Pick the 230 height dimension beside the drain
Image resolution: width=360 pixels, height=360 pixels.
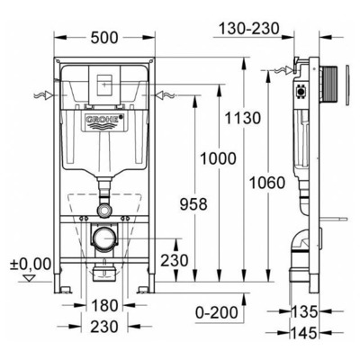click(175, 260)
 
